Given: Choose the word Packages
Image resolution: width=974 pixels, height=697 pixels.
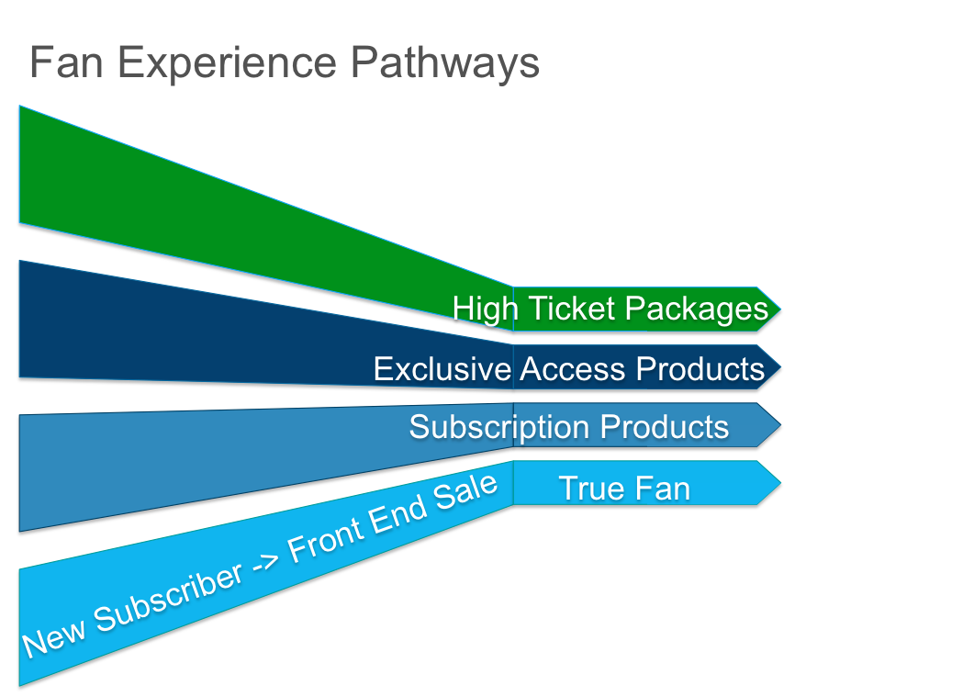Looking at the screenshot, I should (696, 309).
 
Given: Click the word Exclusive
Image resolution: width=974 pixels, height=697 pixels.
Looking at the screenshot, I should (442, 368).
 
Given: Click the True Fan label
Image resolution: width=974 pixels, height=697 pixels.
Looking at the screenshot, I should (624, 488).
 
